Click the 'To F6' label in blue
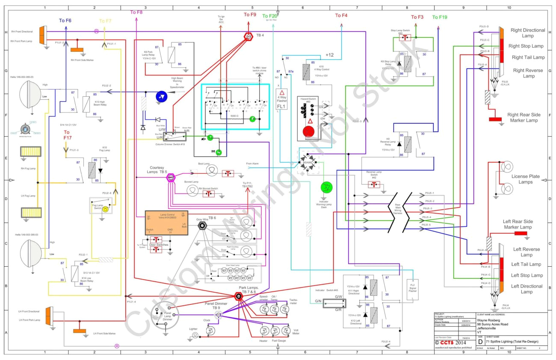tap(65, 21)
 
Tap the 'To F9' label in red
tap(250, 15)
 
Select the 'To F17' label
tap(67, 135)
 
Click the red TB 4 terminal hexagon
tap(248, 37)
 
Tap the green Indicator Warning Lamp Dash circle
tap(327, 187)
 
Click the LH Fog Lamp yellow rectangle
tap(30, 212)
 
